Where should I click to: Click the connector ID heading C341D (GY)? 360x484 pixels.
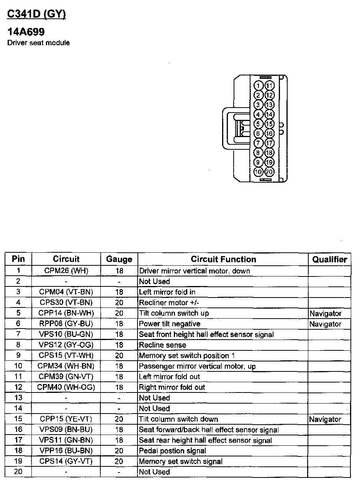click(37, 14)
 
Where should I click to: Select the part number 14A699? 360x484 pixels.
click(26, 32)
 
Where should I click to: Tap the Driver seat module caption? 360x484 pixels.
click(39, 43)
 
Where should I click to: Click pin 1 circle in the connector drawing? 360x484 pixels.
click(259, 85)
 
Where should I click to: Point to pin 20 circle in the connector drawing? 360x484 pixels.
click(269, 172)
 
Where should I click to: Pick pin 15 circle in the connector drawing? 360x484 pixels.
click(269, 124)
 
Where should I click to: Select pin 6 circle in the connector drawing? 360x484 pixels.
click(259, 133)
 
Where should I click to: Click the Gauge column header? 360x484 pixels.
click(119, 259)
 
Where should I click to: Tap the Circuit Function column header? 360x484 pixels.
click(223, 259)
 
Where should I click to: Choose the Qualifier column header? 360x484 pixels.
click(329, 259)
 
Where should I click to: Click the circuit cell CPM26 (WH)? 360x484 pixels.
click(66, 271)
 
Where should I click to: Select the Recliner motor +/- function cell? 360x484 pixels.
click(169, 302)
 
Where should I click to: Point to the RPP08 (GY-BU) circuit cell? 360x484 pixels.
click(66, 324)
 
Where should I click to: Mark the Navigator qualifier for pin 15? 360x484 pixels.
click(325, 419)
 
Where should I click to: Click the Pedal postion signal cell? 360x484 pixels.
click(172, 451)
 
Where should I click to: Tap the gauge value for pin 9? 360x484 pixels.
click(119, 355)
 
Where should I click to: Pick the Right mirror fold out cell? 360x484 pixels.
click(172, 387)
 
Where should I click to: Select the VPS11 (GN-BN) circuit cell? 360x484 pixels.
click(66, 440)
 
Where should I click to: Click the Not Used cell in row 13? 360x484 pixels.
click(154, 398)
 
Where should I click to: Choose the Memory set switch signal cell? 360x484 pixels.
click(180, 461)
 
